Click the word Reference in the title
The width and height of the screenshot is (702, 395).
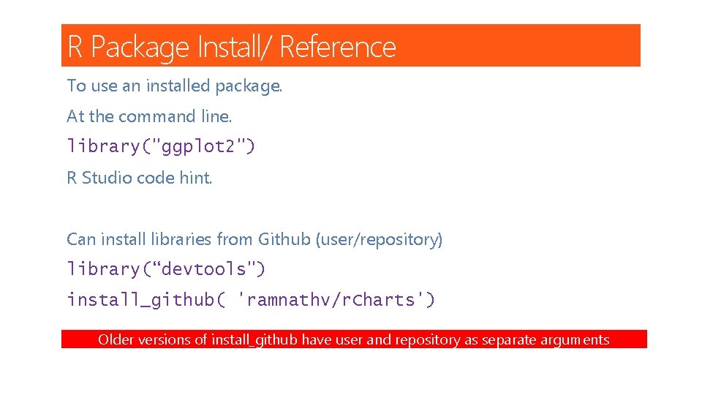[x=337, y=47]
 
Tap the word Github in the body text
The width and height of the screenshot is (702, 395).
[x=284, y=239]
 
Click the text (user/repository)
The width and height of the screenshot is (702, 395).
[x=379, y=240]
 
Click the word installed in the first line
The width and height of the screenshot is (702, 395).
[x=178, y=86]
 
